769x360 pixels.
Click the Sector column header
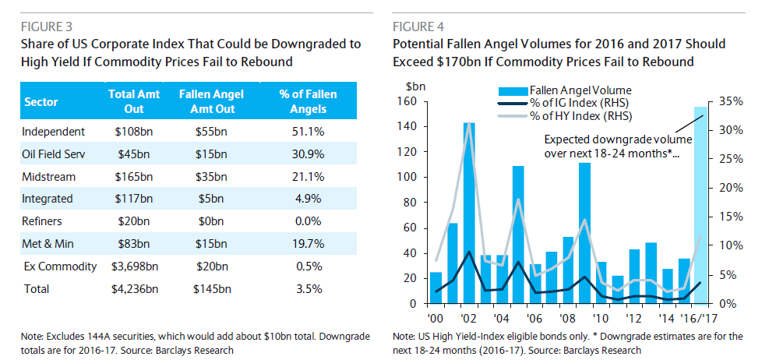click(41, 102)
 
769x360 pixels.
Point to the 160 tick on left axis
click(410, 101)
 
